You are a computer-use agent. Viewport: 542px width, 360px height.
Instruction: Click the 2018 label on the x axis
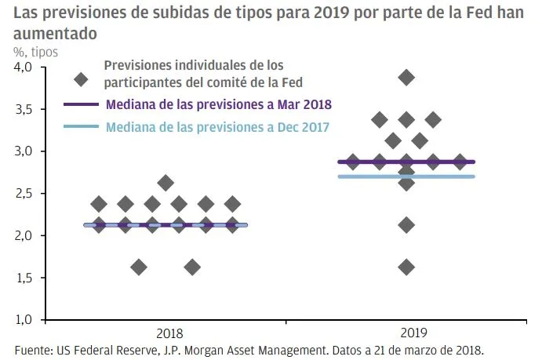(x=165, y=333)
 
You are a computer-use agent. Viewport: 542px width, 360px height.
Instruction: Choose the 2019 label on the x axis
(x=406, y=333)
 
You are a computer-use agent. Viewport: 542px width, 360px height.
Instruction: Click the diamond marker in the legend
(x=80, y=79)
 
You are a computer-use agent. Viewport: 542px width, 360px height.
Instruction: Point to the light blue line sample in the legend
(x=80, y=126)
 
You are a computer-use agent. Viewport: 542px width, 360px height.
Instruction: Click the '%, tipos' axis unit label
(x=35, y=51)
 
